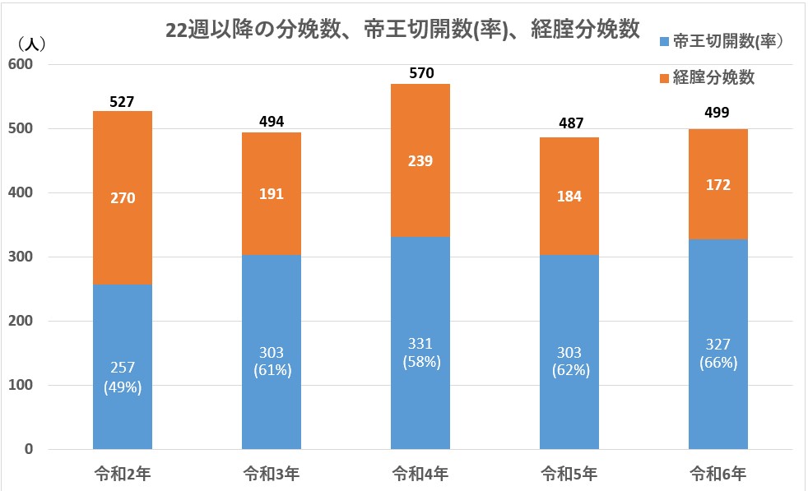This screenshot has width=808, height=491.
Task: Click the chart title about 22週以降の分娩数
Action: click(x=402, y=30)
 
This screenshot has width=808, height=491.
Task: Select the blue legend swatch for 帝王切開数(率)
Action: click(x=663, y=42)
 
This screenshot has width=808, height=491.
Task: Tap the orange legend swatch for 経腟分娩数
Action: click(x=663, y=78)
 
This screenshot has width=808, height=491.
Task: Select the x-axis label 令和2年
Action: click(x=122, y=474)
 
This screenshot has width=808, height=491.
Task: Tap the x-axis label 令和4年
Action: click(x=420, y=474)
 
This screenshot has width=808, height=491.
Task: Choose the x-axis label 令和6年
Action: click(x=717, y=474)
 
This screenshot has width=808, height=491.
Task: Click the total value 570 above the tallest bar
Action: click(x=420, y=74)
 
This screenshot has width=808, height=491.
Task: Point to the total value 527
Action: click(x=123, y=102)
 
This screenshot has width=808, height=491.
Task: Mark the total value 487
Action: click(x=569, y=123)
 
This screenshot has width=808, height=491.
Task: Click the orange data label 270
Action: click(x=123, y=197)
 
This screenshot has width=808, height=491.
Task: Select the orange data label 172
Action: click(x=717, y=185)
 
